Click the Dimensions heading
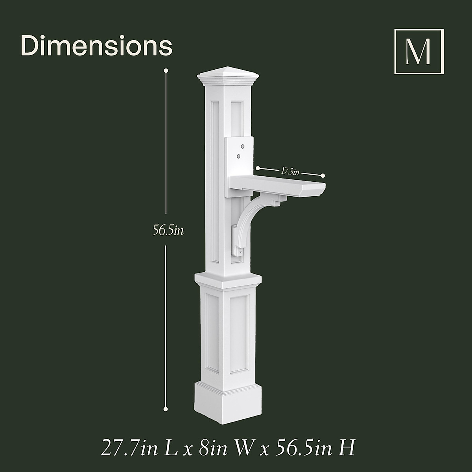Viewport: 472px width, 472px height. click(x=96, y=46)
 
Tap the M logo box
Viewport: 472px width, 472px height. click(x=419, y=52)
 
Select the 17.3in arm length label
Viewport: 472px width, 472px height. click(x=290, y=171)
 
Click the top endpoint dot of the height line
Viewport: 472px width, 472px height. click(x=166, y=71)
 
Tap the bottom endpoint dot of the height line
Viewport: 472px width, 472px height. click(x=166, y=409)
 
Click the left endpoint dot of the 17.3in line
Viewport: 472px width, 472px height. click(x=258, y=168)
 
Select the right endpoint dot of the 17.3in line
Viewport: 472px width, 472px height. click(x=323, y=175)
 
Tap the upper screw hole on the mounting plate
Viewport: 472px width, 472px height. click(x=242, y=146)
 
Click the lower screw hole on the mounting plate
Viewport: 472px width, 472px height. click(x=238, y=156)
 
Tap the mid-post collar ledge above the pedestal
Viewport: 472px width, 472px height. click(x=228, y=278)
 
